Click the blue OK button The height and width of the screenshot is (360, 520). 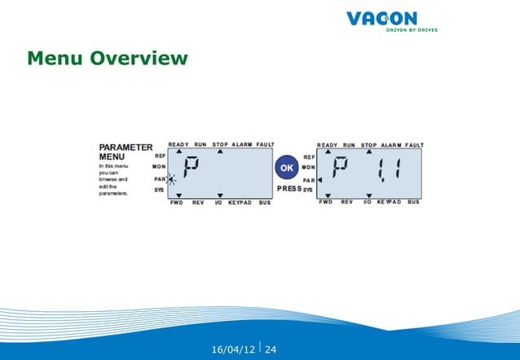pos(286,166)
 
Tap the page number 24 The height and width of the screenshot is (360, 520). pos(271,350)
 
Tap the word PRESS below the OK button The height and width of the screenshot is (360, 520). pos(289,189)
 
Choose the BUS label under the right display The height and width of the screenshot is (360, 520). pos(413,202)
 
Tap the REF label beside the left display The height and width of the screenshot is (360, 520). pos(161,155)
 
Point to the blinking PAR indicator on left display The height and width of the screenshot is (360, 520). pos(170,178)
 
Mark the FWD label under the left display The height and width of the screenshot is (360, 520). pos(176,202)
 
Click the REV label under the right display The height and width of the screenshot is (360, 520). pos(346,202)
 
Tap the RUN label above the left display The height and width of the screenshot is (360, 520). pos(201,144)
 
